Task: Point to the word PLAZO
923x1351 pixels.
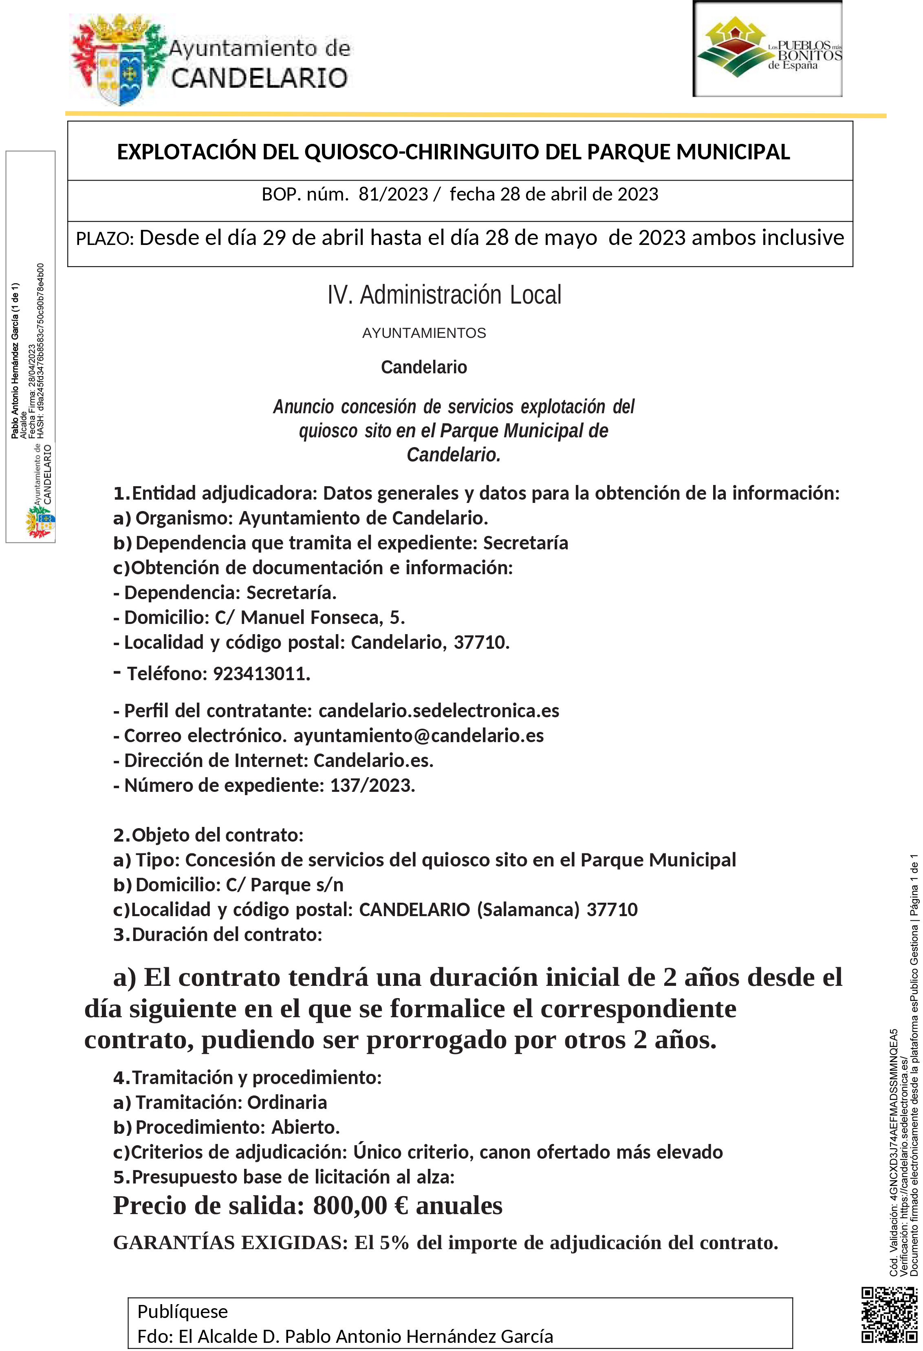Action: coord(105,239)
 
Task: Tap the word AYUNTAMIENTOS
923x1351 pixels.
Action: coord(424,333)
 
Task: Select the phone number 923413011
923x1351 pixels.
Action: coord(262,674)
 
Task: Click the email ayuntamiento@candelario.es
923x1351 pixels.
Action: coord(419,736)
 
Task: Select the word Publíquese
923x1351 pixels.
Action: coord(183,1312)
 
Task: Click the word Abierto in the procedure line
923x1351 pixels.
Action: coord(305,1128)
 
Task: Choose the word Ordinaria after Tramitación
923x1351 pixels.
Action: coord(287,1103)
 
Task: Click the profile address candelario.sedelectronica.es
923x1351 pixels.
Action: coord(439,711)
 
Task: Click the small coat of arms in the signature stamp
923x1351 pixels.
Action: coord(40,521)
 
